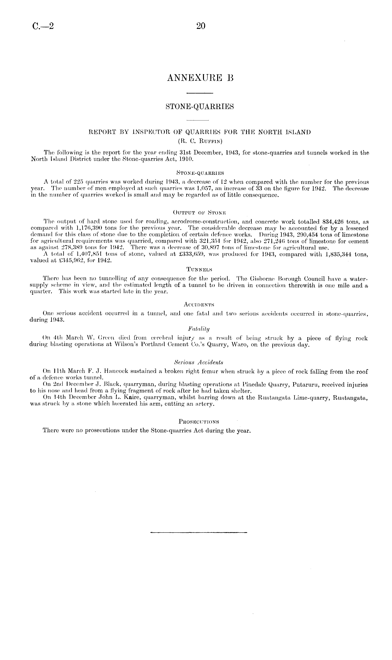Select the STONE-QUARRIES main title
pyautogui.click(x=200, y=107)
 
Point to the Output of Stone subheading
pyautogui.click(x=200, y=212)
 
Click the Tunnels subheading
pyautogui.click(x=200, y=269)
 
